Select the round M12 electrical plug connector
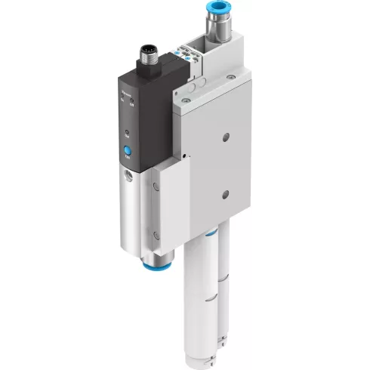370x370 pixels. tap(147, 56)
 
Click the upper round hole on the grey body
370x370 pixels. tap(226, 137)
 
